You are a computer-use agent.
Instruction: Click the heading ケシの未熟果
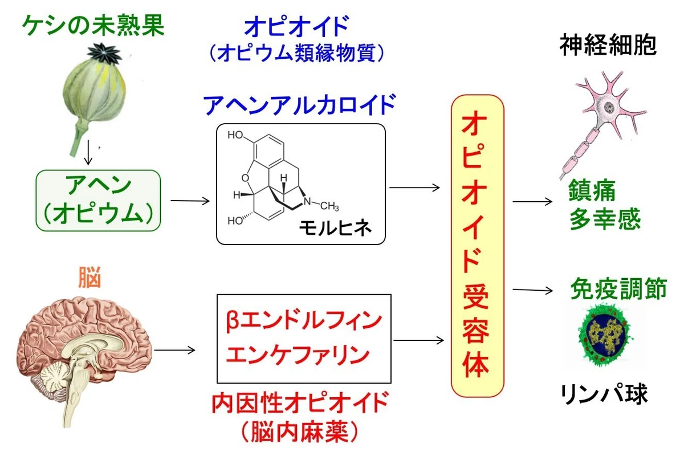[x=93, y=26]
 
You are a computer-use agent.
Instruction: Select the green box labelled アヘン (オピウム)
[x=98, y=201]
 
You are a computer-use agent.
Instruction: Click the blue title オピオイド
[x=296, y=26]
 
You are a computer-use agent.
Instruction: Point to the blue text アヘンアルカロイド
[x=300, y=105]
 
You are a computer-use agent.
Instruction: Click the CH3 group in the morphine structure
[x=329, y=206]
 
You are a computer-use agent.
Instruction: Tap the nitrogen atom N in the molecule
[x=307, y=201]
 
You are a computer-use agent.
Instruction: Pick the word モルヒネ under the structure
[x=335, y=228]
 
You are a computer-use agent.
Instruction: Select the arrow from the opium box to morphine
[x=190, y=201]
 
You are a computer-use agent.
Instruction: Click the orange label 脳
[x=89, y=277]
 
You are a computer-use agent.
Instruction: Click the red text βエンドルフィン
[x=304, y=321]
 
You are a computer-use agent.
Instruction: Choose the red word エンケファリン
[x=298, y=355]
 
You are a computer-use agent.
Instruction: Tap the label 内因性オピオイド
[x=300, y=403]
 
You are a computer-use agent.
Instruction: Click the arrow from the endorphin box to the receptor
[x=418, y=340]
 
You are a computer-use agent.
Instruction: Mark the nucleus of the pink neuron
[x=609, y=107]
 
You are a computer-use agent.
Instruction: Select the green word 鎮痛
[x=592, y=191]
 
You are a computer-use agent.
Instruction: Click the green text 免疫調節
[x=618, y=288]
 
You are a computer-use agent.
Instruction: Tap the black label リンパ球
[x=605, y=394]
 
